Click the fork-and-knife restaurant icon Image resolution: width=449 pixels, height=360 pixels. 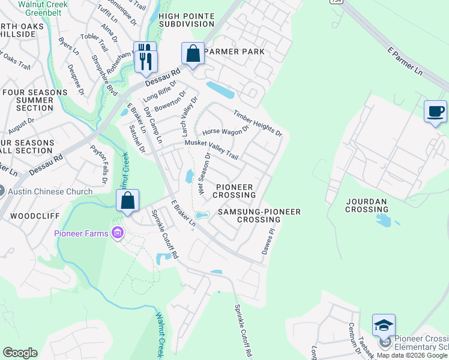coord(145,56)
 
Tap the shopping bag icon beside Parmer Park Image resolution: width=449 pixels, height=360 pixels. coord(193,55)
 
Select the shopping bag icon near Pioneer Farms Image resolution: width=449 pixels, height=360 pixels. coord(128,202)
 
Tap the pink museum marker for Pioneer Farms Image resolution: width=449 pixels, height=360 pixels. coord(117,233)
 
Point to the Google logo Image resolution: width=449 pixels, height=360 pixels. coord(20,353)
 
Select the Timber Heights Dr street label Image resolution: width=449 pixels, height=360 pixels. coord(258,122)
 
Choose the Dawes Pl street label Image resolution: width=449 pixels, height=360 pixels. coord(267,241)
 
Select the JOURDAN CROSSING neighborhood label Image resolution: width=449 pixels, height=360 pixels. coord(367,206)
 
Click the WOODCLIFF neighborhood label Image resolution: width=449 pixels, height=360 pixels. coord(28,215)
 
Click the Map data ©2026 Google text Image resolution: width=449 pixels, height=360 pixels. coord(412,355)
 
